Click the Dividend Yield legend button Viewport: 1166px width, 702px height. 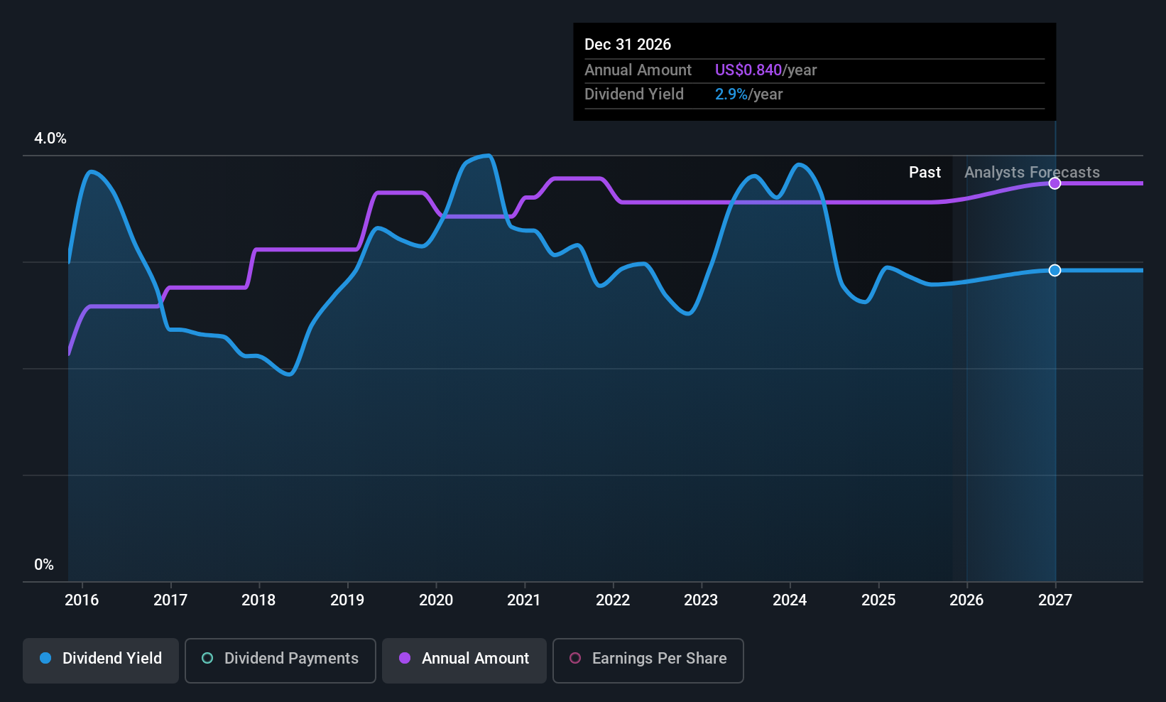click(101, 659)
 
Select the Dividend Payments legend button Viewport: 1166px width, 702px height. click(280, 659)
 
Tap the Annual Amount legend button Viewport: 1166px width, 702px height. click(464, 659)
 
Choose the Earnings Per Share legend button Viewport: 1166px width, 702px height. click(648, 659)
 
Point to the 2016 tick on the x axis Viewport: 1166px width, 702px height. click(82, 600)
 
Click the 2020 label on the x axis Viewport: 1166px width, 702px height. click(436, 600)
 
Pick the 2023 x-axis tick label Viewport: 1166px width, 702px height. click(701, 600)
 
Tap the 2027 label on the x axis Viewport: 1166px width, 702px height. click(1055, 600)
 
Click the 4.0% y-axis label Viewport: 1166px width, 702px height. click(50, 139)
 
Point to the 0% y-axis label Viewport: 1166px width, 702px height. click(44, 565)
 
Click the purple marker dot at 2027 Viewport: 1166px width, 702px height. click(1055, 183)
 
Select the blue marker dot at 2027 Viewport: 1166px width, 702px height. click(1055, 270)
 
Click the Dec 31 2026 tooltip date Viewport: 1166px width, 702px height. click(628, 45)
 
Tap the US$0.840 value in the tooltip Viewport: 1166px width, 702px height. click(748, 70)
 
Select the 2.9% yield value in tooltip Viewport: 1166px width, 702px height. click(731, 94)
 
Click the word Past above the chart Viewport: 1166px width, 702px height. click(925, 173)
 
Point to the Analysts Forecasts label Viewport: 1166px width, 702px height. click(1032, 173)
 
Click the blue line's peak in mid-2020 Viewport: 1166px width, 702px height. click(487, 155)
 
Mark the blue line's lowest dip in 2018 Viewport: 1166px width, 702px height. click(289, 374)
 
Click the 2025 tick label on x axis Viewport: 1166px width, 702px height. click(878, 600)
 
